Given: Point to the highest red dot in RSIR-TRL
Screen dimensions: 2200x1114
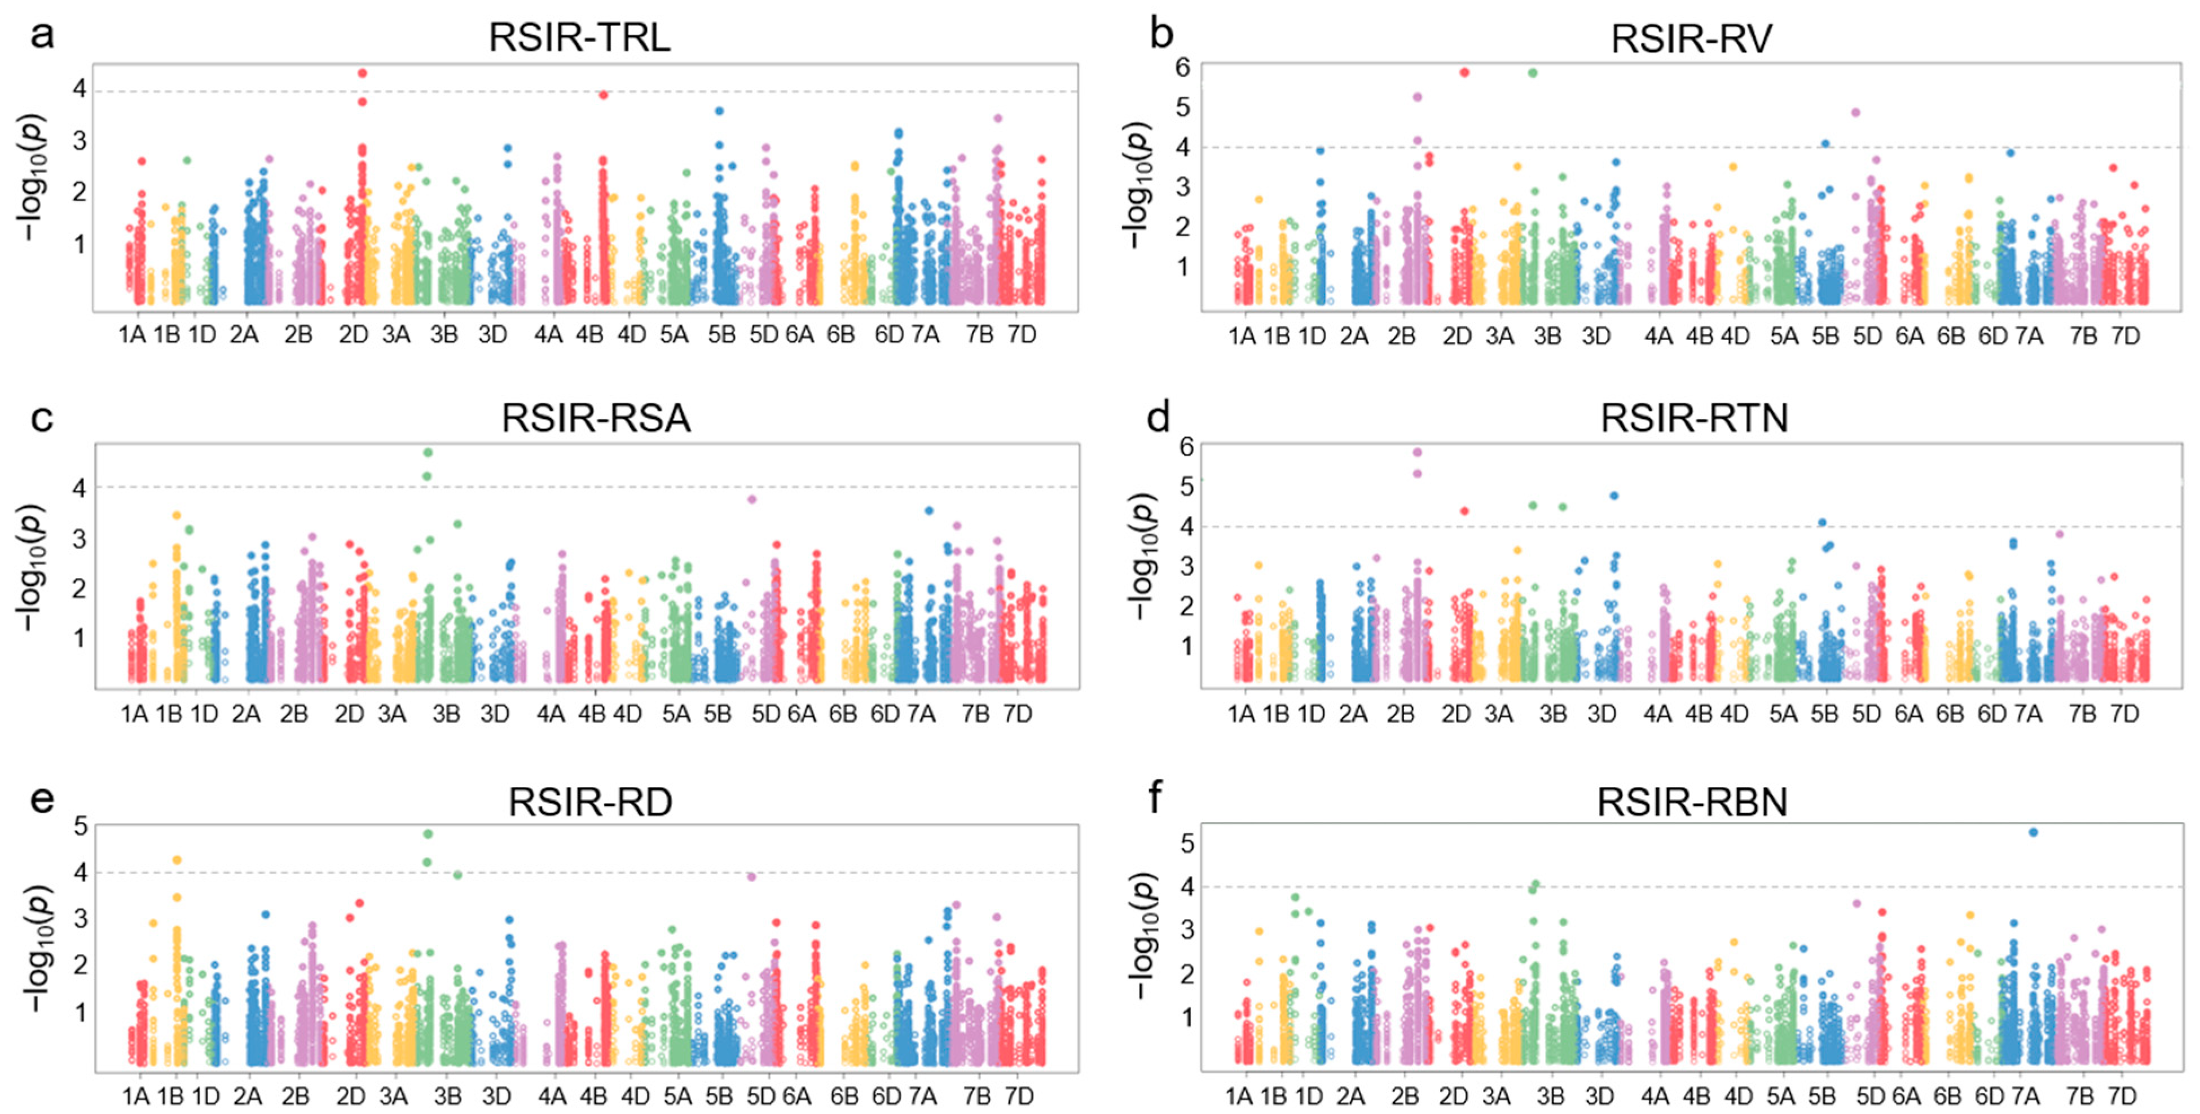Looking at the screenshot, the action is coord(362,73).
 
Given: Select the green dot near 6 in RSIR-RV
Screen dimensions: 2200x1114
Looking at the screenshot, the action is coord(1533,73).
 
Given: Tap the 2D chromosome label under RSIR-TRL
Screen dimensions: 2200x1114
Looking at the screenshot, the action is coord(353,335).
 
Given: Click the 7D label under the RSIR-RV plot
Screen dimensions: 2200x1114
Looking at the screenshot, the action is coord(2126,337).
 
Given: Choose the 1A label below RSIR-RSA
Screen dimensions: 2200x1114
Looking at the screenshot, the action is coord(134,714).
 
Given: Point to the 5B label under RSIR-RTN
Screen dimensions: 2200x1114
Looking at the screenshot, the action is coord(1824,714).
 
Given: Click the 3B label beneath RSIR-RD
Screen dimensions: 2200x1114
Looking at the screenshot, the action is coord(447,1095).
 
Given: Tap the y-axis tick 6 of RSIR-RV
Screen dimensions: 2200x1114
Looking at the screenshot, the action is coord(1183,68).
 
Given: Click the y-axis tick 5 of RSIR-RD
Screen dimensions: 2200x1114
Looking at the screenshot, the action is coord(80,826).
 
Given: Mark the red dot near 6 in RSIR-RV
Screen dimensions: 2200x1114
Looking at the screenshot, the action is coord(1464,73).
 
